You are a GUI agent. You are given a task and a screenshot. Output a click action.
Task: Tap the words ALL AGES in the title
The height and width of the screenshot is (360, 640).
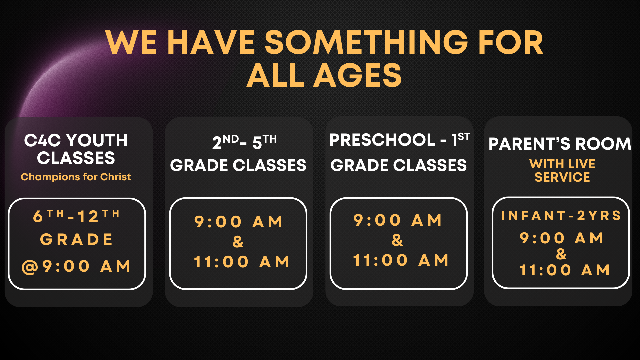[324, 75]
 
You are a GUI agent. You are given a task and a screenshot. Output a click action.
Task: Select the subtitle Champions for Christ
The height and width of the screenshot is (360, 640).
[76, 177]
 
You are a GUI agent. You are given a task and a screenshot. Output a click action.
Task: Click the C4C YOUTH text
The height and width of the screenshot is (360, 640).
[76, 140]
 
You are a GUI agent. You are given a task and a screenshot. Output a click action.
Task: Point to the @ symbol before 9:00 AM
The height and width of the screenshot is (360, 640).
[30, 267]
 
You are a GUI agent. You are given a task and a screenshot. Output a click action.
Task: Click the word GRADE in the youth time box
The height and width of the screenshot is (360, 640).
[76, 239]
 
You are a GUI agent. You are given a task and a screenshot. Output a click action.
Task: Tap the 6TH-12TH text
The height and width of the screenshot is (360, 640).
[76, 216]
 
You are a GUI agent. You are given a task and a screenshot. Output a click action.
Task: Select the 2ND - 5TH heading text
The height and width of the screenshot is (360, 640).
[244, 142]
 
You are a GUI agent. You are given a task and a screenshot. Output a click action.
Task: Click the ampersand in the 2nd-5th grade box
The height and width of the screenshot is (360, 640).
[238, 242]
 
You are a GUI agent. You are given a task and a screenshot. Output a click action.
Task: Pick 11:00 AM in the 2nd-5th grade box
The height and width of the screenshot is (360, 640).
[242, 262]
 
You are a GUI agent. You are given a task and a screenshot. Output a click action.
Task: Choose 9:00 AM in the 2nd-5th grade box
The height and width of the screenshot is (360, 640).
[238, 222]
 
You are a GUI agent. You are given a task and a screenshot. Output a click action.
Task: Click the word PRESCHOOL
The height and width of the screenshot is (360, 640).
[382, 140]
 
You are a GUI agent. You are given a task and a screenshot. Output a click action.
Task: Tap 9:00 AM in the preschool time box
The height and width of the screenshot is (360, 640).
[398, 220]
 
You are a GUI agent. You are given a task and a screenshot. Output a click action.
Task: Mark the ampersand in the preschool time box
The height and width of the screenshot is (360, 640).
[397, 240]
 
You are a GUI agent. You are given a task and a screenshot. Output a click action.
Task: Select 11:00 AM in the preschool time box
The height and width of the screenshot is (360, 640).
[401, 260]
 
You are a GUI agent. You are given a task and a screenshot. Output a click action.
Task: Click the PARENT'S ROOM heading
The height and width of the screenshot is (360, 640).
[560, 144]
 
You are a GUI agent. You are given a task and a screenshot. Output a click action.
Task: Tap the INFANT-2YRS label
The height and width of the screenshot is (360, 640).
[561, 215]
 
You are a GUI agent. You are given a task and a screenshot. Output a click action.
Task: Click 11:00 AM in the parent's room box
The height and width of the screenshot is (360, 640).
[565, 270]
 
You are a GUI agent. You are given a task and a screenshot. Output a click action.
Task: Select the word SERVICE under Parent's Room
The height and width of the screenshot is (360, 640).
[562, 177]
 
